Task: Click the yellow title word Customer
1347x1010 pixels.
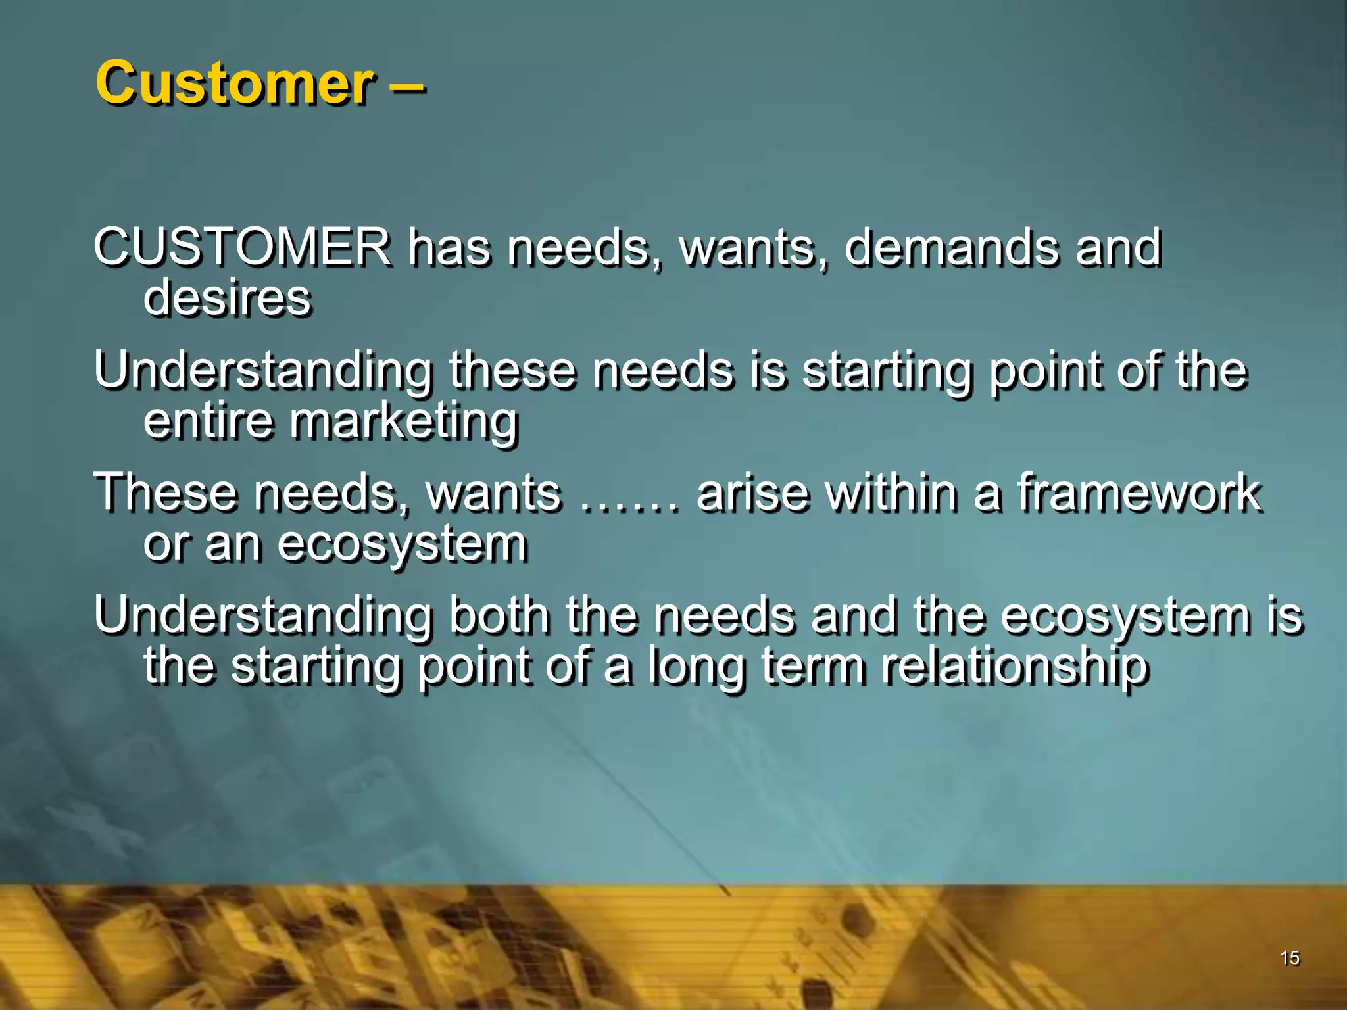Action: (x=235, y=83)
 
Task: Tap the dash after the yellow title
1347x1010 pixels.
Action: (x=408, y=85)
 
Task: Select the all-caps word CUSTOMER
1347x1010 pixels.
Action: (x=243, y=247)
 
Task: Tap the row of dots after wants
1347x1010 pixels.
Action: (x=629, y=506)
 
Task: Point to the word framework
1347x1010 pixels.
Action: (x=1139, y=493)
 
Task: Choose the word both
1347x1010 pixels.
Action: (x=499, y=616)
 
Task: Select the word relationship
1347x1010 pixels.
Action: (x=1016, y=668)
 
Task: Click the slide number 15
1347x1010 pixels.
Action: (x=1290, y=958)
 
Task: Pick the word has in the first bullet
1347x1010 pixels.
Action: (x=449, y=247)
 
